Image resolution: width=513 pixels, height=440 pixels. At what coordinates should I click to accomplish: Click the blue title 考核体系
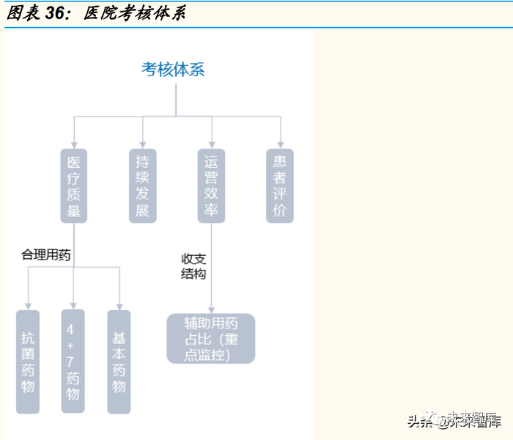(173, 70)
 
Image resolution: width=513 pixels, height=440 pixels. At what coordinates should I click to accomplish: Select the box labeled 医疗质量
(73, 186)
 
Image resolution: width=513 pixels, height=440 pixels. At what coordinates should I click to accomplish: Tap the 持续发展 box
(142, 186)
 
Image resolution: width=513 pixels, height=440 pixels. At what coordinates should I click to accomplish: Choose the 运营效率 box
(211, 186)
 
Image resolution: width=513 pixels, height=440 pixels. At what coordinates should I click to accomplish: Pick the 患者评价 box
(280, 186)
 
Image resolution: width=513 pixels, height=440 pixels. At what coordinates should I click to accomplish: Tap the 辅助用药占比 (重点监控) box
(211, 338)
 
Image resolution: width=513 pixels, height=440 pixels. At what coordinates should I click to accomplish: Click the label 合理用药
(45, 255)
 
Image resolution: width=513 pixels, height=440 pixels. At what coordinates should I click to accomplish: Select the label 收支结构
(193, 265)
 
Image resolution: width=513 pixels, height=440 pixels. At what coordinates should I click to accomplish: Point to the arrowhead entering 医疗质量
(73, 144)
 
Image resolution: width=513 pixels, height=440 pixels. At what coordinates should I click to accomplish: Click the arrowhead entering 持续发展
(142, 144)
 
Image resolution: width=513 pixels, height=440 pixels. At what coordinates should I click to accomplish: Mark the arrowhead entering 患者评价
(280, 144)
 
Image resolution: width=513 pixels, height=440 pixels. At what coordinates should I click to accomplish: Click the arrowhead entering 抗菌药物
(27, 305)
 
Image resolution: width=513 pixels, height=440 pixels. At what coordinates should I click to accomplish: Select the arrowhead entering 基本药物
(119, 305)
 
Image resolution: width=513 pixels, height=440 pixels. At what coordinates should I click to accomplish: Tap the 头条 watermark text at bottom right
(421, 421)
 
